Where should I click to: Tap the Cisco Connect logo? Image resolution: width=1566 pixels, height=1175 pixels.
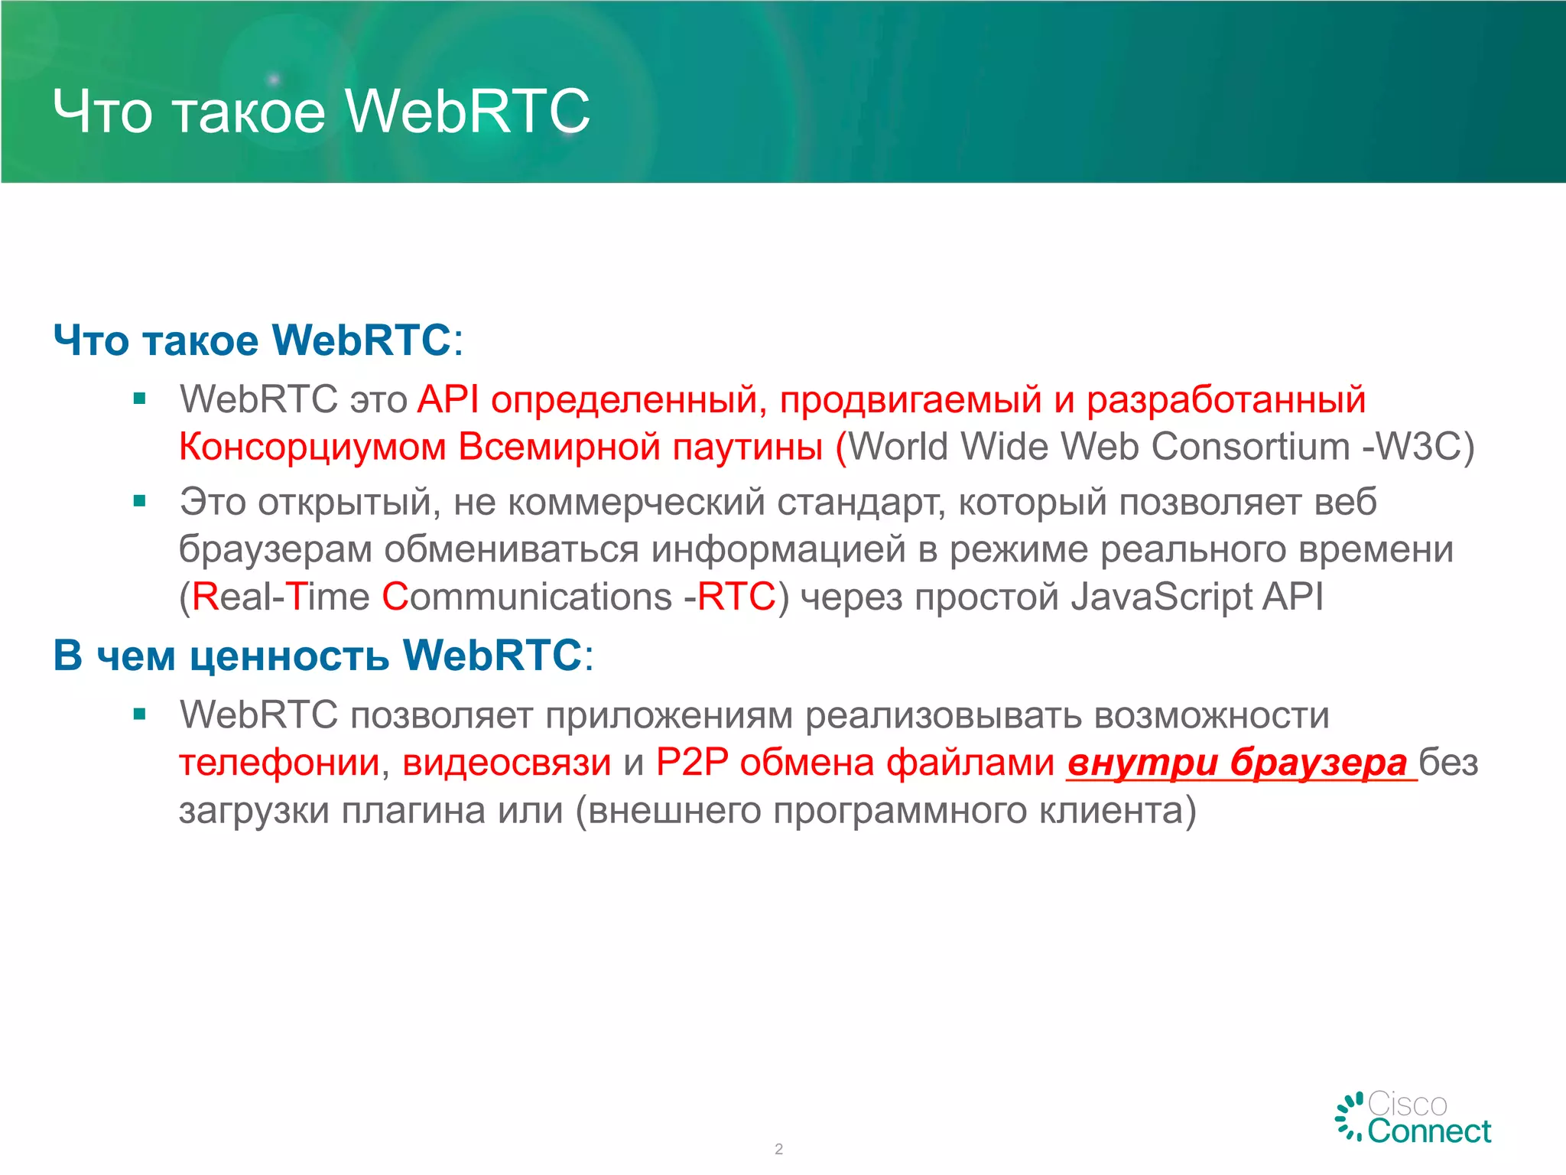click(1413, 1118)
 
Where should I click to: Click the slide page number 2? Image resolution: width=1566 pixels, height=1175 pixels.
click(778, 1149)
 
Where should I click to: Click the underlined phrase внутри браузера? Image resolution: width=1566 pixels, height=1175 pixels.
click(1236, 763)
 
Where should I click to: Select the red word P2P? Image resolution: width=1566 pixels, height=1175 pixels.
click(691, 763)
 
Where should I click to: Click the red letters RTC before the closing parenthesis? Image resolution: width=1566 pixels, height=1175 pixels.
click(736, 597)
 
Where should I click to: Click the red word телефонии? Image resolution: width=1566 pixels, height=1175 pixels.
click(279, 763)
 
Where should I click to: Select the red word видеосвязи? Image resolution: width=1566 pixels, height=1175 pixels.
click(506, 763)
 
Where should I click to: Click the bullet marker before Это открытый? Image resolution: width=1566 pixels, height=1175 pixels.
click(139, 502)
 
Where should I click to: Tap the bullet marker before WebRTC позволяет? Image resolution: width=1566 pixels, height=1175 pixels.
click(139, 714)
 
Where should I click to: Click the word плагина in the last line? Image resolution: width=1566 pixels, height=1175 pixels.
click(413, 811)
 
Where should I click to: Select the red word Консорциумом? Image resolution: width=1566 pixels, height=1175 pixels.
click(312, 447)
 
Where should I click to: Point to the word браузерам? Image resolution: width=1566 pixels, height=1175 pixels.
click(275, 550)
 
